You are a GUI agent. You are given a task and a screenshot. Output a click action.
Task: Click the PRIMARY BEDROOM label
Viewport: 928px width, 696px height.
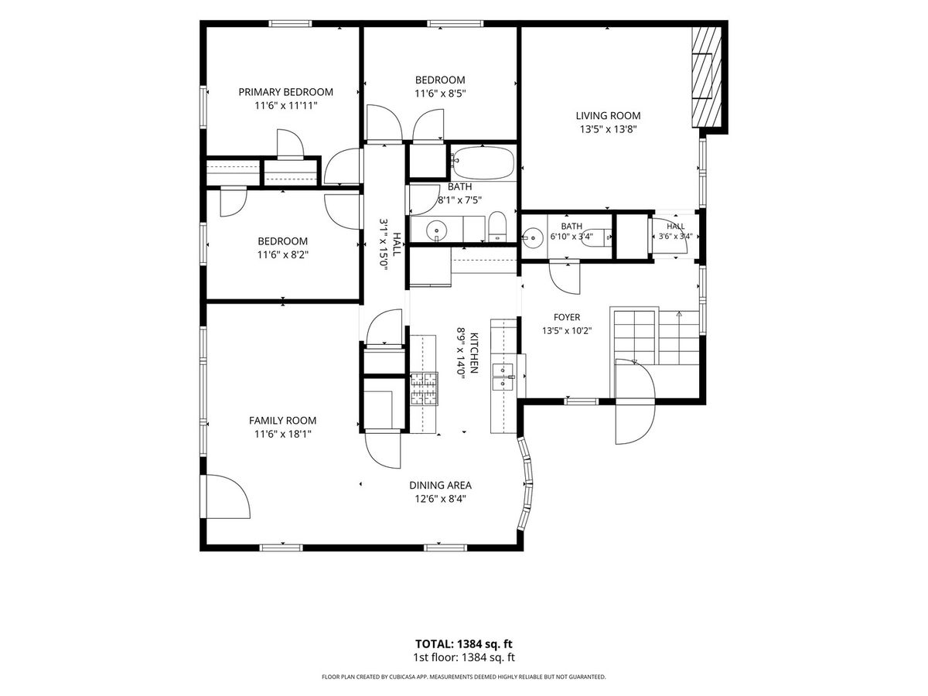(x=285, y=92)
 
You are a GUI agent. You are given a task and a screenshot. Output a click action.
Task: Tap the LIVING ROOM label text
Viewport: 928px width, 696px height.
(x=608, y=115)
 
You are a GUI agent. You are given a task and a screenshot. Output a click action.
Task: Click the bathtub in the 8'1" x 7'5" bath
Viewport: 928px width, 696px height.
(x=483, y=163)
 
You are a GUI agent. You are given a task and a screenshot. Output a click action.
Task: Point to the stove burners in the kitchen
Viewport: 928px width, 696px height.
(x=424, y=389)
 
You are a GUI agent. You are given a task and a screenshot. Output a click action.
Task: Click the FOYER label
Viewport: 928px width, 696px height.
(x=567, y=317)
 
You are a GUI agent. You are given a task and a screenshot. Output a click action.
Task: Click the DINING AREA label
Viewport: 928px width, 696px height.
(x=440, y=485)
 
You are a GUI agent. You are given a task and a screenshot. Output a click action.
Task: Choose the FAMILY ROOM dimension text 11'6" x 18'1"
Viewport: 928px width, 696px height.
(x=283, y=434)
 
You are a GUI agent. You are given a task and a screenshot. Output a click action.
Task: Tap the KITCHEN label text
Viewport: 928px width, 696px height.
(x=474, y=353)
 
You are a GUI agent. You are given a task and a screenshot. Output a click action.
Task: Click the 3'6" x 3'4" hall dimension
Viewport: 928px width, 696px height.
(x=676, y=236)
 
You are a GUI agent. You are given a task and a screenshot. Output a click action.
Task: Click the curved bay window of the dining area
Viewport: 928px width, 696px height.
(x=527, y=483)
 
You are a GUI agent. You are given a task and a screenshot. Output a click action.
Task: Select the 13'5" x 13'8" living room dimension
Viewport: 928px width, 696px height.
(x=608, y=129)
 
